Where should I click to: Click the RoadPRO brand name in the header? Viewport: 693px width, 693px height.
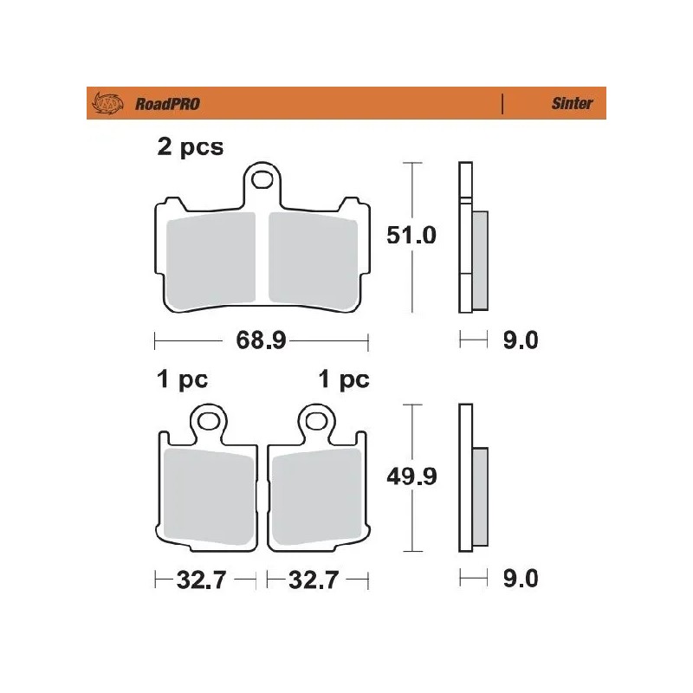pos(168,104)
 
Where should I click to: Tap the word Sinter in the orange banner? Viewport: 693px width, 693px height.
pos(572,104)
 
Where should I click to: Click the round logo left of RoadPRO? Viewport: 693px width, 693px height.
pos(105,104)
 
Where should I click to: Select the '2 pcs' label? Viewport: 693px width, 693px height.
pos(190,146)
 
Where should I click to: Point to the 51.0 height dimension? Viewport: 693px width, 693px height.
pos(411,236)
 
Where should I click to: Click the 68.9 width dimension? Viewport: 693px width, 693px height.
pos(261,340)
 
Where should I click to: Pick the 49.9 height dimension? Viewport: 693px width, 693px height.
pos(411,476)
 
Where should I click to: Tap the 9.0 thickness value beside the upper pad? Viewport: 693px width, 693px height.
pos(520,340)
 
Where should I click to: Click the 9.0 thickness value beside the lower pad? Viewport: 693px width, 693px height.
pos(520,579)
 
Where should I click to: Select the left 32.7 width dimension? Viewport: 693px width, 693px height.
pos(201,579)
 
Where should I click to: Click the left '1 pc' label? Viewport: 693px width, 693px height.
pos(181,379)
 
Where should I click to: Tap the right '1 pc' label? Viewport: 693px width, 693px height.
pos(343,379)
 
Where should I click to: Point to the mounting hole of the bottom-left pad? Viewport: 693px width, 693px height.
pos(209,423)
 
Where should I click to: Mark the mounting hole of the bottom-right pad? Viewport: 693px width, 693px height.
pos(314,423)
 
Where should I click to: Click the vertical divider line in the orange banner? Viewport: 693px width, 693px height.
pos(502,104)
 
